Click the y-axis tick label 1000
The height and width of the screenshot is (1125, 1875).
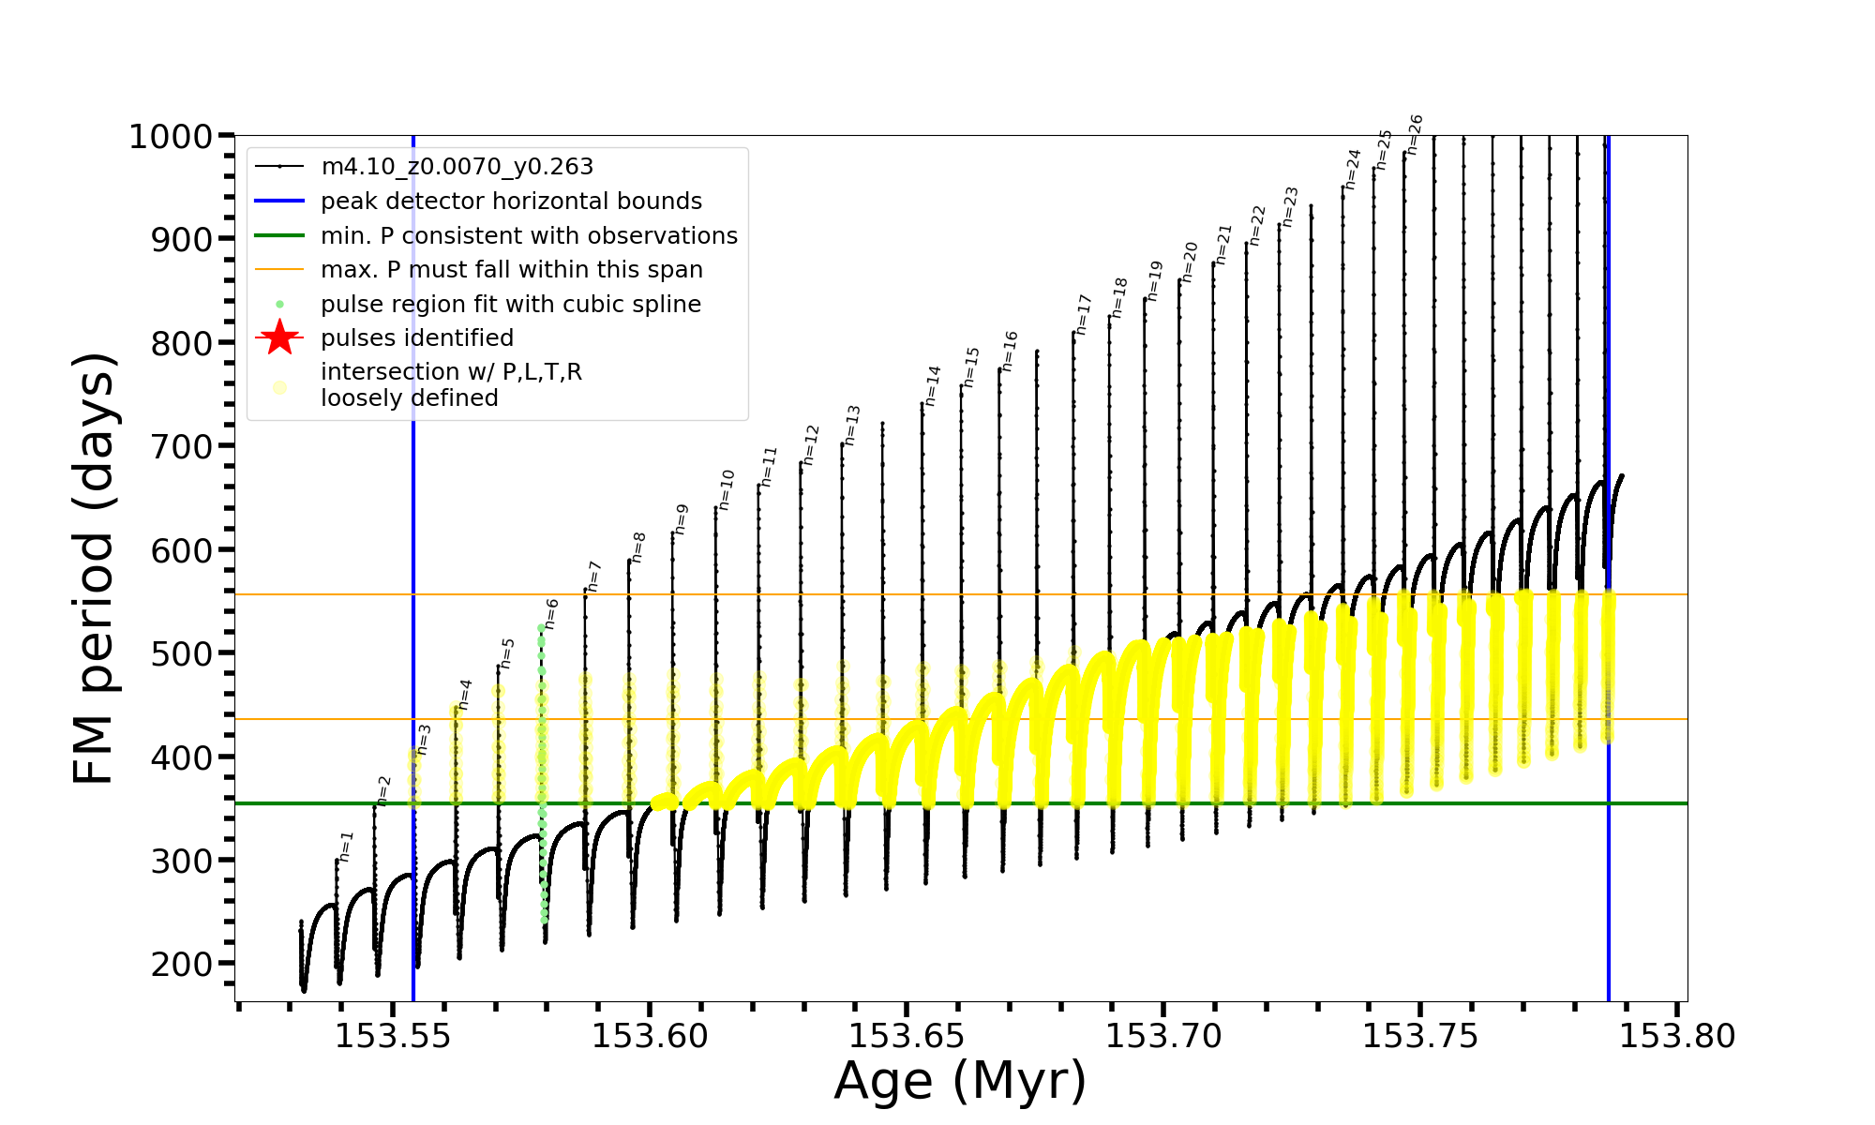click(171, 137)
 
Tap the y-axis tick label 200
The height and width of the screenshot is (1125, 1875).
click(182, 964)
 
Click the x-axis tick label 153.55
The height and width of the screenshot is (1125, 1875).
click(393, 1036)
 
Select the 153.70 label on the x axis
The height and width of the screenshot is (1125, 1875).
click(1163, 1036)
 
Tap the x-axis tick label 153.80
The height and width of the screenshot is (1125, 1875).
click(1677, 1036)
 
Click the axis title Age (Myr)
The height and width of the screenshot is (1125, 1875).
click(960, 1081)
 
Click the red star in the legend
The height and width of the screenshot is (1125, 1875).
click(279, 337)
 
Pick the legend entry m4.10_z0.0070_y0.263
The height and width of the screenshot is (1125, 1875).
click(457, 167)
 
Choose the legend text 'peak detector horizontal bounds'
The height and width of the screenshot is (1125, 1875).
click(511, 202)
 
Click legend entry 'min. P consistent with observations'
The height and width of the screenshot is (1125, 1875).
click(529, 235)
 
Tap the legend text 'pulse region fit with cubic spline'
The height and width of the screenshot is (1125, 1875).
click(510, 305)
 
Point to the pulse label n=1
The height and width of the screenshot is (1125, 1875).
click(346, 846)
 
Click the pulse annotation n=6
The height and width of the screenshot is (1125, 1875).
click(551, 613)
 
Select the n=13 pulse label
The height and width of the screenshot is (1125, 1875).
click(851, 425)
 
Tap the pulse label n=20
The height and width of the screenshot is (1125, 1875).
click(1189, 262)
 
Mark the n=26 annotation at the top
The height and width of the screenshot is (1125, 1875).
click(1415, 134)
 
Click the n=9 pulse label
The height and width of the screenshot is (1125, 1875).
click(682, 518)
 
